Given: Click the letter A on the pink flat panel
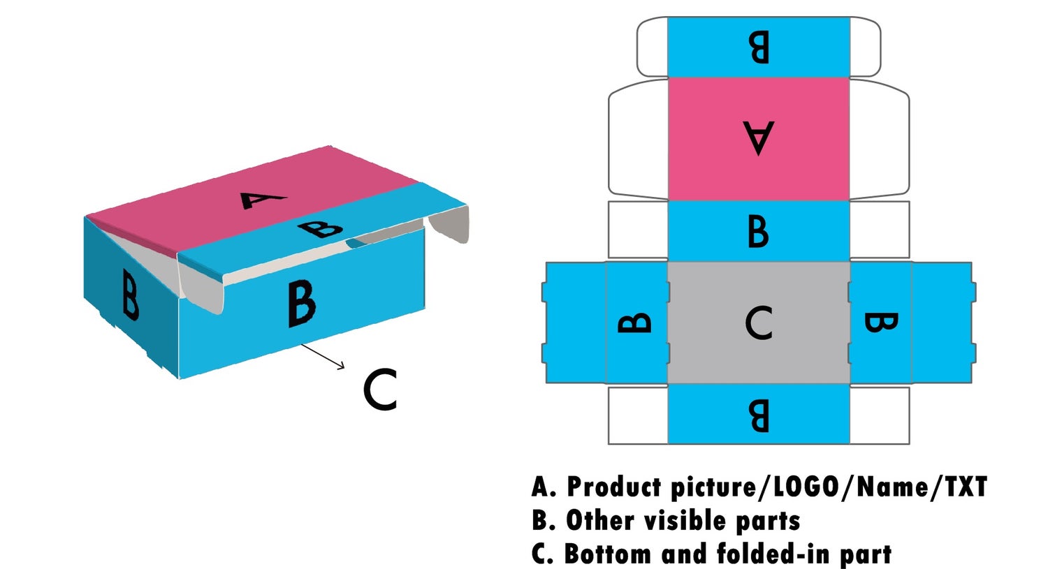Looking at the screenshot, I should point(759,138).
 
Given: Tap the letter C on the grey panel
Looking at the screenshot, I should point(759,323).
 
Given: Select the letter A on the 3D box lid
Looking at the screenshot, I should point(262,200).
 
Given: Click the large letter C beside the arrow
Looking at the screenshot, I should point(380,390).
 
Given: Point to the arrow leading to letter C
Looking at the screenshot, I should point(323,356).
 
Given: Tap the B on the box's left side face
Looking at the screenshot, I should point(129,294).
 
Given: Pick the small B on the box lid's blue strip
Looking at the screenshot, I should point(321,228).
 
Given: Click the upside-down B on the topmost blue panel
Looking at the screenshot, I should point(759,47).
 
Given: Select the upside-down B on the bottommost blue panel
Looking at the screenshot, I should point(759,415).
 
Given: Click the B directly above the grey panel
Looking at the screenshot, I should point(759,231).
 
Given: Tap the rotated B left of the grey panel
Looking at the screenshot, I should point(636,323).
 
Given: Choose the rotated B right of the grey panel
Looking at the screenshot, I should point(881,323).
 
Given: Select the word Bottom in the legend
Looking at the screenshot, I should point(609,554).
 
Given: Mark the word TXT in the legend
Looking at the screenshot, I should point(966,487).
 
